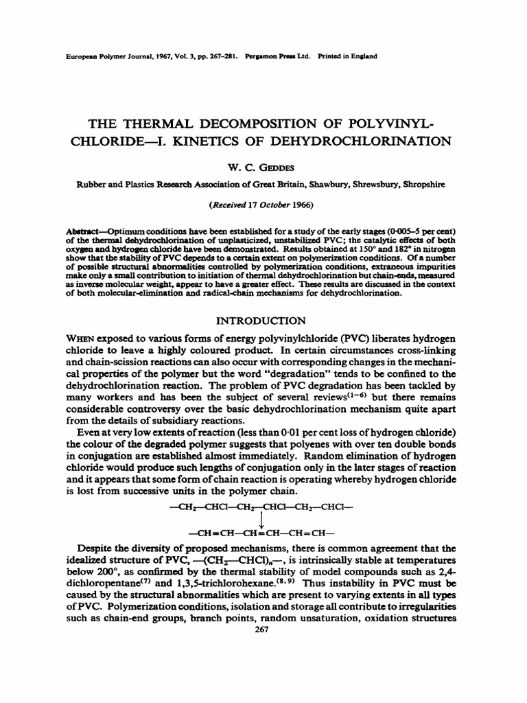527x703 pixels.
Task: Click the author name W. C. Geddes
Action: (263, 165)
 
